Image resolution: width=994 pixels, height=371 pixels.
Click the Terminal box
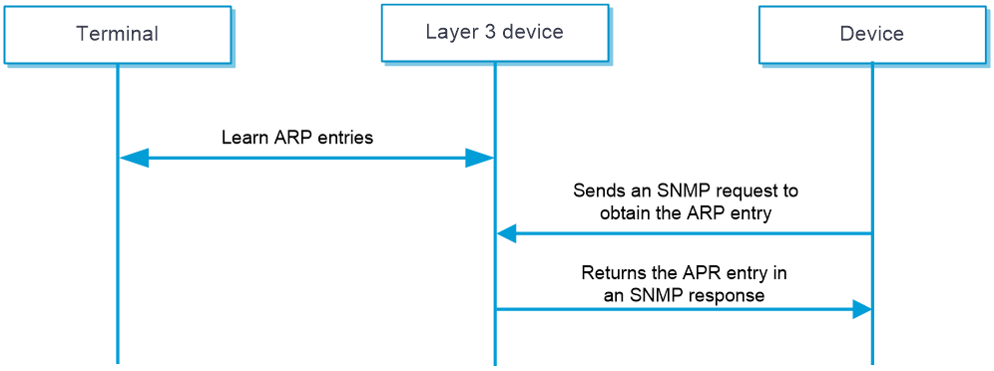coord(118,35)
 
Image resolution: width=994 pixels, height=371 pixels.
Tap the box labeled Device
coord(871,35)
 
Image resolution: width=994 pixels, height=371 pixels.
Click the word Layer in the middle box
coord(448,32)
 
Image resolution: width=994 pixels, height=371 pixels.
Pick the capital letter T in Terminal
coord(82,34)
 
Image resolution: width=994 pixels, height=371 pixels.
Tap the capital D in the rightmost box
coord(846,34)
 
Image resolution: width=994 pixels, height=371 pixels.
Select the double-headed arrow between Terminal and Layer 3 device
coord(306,158)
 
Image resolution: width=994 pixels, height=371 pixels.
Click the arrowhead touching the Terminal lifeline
coord(134,158)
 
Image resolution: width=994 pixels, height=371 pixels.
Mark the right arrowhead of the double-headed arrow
coord(479,158)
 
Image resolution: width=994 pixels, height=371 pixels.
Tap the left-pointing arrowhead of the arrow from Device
coord(507,233)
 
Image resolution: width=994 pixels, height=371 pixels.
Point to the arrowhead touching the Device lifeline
coord(861,309)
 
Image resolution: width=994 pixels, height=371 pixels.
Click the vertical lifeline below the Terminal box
coord(118,259)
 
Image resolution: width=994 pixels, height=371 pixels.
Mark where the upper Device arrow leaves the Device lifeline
coord(871,233)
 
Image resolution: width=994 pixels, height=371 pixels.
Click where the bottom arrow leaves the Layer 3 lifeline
coord(495,309)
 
